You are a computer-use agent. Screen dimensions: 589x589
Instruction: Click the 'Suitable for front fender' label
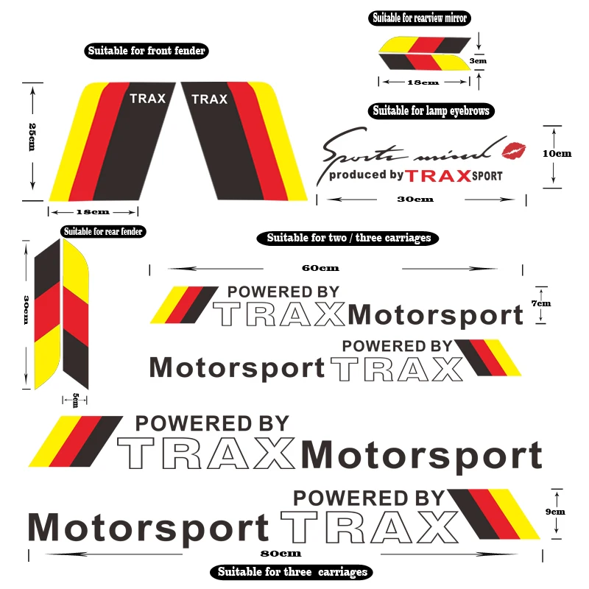coord(147,52)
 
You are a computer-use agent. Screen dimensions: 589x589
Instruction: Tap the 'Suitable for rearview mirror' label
coord(420,18)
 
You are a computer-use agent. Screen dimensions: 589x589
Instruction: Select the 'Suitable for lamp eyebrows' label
coord(431,111)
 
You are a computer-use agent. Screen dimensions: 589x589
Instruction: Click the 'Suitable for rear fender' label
coord(103,231)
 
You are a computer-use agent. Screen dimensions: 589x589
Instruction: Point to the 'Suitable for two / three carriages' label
coord(348,238)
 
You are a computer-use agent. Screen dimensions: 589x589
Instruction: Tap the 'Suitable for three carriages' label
coord(292,572)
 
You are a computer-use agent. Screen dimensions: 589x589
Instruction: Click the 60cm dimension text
coord(315,268)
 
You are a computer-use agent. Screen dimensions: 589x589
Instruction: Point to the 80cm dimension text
coord(286,553)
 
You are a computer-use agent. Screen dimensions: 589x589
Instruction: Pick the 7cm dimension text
coord(541,303)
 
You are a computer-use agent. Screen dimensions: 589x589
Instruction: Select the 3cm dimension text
coord(479,61)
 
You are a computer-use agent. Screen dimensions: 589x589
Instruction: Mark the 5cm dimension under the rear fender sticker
coord(75,400)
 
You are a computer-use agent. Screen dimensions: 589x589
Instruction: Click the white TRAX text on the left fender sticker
coord(147,98)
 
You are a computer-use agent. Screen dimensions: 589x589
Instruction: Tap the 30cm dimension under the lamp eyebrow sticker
coord(415,199)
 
